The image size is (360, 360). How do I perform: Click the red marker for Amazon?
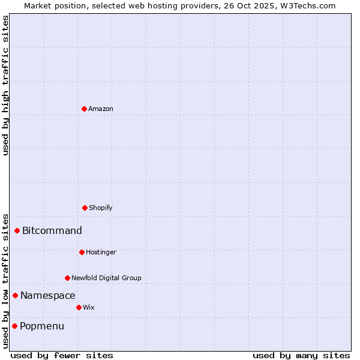pos(84,109)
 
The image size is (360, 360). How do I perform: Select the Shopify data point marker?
pos(85,208)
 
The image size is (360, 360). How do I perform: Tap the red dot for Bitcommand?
pos(17,230)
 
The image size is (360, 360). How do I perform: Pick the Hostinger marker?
pos(82,252)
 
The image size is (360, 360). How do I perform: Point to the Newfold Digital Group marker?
pos(67,278)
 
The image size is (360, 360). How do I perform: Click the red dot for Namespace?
pos(15,295)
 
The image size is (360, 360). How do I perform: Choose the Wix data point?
pos(79,307)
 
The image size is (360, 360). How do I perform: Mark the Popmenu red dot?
pos(14,326)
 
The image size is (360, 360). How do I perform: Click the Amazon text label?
pos(101,109)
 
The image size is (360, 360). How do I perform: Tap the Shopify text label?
pos(101,208)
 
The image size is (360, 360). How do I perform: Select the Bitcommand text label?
pos(52,230)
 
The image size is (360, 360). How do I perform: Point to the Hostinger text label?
pos(101,252)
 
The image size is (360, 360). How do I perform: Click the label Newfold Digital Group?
pos(106,278)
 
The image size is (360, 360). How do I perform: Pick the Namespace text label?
pos(48,295)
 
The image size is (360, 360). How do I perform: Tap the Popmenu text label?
pos(42,326)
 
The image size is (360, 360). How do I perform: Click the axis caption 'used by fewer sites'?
pos(62,355)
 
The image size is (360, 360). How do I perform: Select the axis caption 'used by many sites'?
pos(301,355)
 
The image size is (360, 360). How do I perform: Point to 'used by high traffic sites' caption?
pos(5,85)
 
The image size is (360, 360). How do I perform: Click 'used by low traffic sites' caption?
pos(5,281)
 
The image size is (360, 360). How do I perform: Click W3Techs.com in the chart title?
pos(307,5)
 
